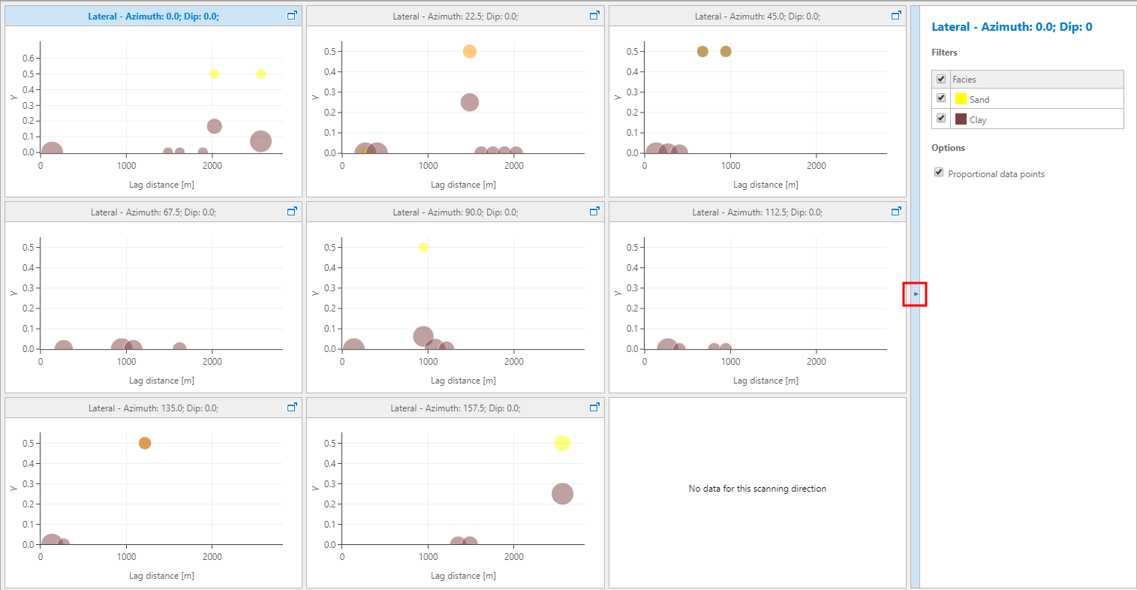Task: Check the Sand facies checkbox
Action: [x=941, y=98]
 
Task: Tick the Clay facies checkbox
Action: [x=941, y=119]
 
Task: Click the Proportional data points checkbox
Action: [x=939, y=173]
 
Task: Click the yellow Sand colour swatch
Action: [x=961, y=99]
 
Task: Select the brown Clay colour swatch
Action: [x=961, y=119]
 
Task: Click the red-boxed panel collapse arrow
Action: [x=916, y=294]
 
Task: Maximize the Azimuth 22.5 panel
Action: [x=594, y=16]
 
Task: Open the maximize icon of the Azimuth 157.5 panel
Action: [x=594, y=408]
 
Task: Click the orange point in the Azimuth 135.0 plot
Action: [x=145, y=444]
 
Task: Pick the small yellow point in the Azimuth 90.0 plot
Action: [x=423, y=248]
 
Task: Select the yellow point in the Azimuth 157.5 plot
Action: [x=562, y=444]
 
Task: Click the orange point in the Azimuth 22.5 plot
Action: [x=470, y=52]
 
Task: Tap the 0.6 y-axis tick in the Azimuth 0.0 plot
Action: [x=29, y=59]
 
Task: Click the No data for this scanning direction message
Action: [x=757, y=489]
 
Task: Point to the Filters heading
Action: [x=944, y=53]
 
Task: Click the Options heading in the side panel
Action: [x=948, y=148]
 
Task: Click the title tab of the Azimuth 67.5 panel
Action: [x=153, y=212]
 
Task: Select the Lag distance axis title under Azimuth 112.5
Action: [x=766, y=381]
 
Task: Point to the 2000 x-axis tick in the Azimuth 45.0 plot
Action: [x=817, y=166]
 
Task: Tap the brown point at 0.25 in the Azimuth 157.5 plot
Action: [x=562, y=494]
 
